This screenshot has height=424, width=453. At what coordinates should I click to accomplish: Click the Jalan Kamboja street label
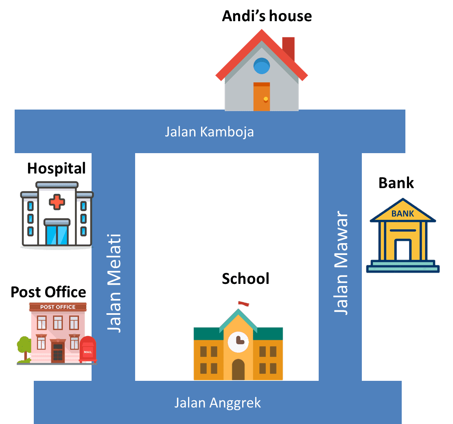[209, 132]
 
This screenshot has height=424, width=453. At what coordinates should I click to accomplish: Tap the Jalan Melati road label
[114, 283]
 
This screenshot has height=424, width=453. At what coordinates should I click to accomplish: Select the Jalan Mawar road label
[341, 262]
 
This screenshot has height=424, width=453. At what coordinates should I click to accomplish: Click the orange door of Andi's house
[262, 97]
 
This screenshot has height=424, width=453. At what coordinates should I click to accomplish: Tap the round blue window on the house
[262, 66]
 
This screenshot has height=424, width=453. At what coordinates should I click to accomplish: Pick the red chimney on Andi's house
[288, 48]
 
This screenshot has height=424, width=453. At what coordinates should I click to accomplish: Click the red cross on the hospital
[57, 202]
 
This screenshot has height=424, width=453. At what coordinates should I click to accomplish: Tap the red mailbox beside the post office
[88, 349]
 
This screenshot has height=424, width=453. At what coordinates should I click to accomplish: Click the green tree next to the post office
[24, 348]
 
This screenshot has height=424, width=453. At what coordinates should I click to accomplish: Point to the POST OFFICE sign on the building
[58, 307]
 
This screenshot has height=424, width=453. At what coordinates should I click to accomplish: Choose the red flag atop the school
[243, 303]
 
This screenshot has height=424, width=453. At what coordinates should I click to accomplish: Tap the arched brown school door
[239, 369]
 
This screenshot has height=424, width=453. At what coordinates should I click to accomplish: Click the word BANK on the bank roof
[403, 213]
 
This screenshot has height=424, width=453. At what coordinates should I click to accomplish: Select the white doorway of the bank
[403, 250]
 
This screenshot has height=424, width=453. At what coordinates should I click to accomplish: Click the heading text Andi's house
[267, 16]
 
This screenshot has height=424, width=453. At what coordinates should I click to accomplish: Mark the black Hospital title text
[56, 169]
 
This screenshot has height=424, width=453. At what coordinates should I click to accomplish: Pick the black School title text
[245, 279]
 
